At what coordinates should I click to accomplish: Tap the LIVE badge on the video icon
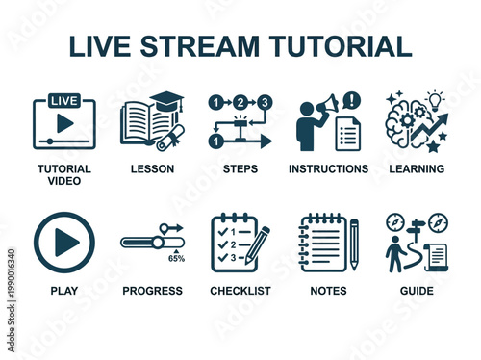63,101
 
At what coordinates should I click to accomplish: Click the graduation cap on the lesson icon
166,101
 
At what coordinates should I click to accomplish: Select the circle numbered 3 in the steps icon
265,102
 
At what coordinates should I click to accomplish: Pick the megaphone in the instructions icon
326,103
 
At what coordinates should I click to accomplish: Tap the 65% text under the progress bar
177,259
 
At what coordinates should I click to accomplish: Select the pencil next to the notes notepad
354,244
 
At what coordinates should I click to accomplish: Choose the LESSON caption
152,169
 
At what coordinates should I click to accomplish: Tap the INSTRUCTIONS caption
328,169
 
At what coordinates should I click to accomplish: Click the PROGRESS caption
152,291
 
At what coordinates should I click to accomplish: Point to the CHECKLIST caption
240,291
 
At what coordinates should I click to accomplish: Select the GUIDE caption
417,291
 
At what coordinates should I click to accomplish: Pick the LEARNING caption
417,169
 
